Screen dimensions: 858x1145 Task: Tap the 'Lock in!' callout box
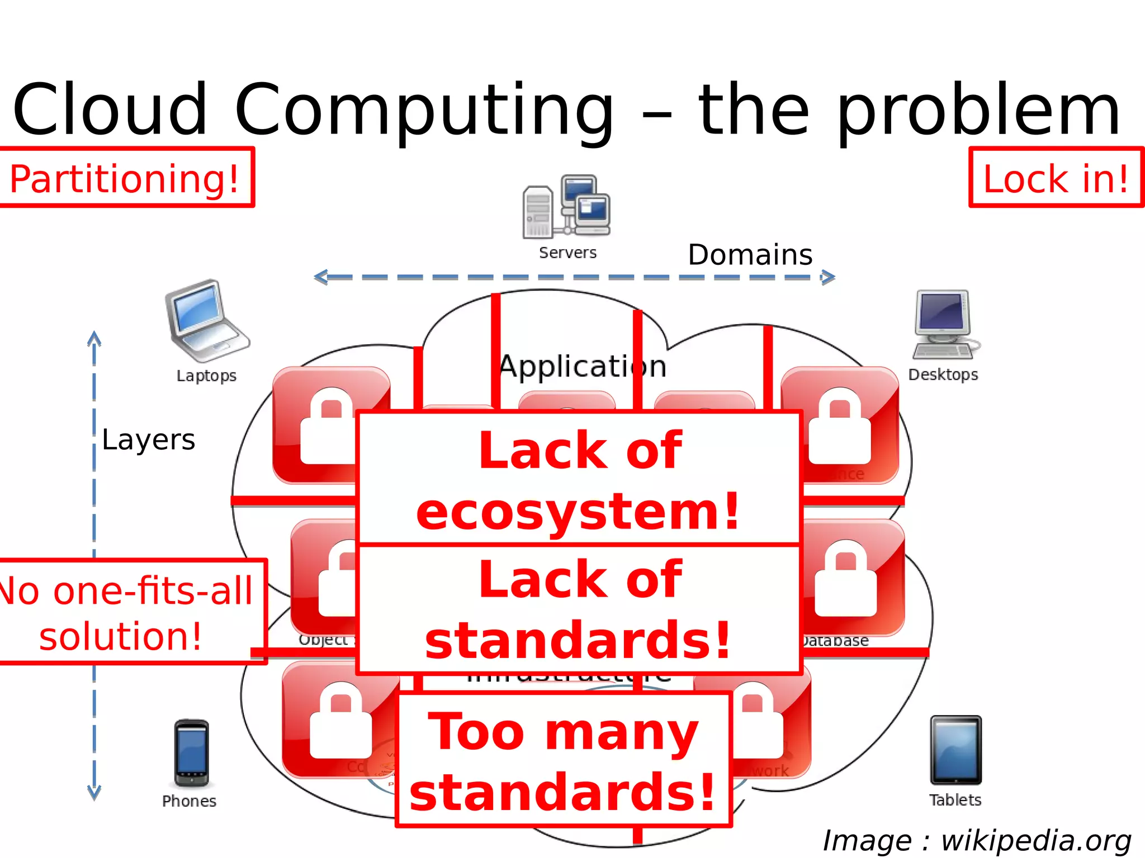(x=1056, y=178)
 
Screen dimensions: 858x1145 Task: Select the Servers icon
(x=566, y=207)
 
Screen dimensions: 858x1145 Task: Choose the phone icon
(x=191, y=753)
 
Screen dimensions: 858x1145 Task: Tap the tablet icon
(x=955, y=750)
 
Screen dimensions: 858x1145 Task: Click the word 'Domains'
(x=750, y=255)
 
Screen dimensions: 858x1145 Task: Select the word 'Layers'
(x=149, y=440)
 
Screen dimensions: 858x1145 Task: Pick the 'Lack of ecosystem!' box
(x=579, y=478)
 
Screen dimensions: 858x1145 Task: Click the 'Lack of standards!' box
(x=579, y=609)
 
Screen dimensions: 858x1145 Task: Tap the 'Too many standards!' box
(x=564, y=760)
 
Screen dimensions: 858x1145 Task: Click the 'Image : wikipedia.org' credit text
(x=977, y=841)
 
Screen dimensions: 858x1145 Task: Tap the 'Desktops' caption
(x=943, y=374)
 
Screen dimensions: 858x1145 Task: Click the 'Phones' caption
(x=189, y=801)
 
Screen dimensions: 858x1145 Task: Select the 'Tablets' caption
(x=955, y=800)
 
